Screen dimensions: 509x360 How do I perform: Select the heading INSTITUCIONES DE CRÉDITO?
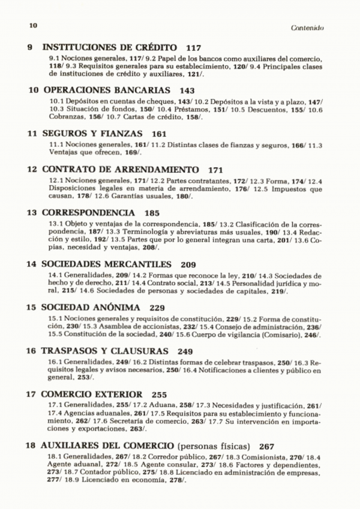[110, 47]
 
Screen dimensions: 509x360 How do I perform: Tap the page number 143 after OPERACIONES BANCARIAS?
[187, 91]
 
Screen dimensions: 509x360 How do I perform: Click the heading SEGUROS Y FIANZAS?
[93, 134]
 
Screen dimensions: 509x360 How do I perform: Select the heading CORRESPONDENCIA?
[88, 212]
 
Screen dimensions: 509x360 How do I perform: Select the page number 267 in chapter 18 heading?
[268, 447]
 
